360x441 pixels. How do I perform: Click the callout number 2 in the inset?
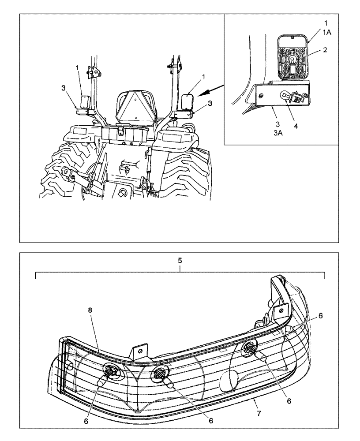[325, 50]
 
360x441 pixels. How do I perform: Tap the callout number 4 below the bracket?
[296, 126]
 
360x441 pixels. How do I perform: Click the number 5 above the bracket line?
[180, 261]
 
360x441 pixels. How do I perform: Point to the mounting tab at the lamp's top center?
[138, 351]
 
